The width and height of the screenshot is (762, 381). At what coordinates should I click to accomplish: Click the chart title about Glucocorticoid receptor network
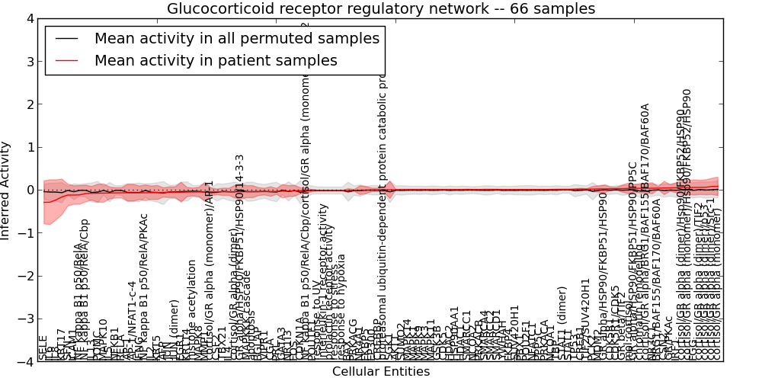point(381,9)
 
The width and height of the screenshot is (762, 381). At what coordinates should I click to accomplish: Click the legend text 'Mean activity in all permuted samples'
point(236,38)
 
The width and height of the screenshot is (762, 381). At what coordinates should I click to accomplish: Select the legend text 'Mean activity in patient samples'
point(216,60)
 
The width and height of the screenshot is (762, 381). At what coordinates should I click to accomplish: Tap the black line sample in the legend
point(67,38)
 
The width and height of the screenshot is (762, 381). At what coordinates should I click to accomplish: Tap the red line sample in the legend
point(67,60)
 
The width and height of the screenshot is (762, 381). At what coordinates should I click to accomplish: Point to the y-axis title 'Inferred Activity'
point(6,190)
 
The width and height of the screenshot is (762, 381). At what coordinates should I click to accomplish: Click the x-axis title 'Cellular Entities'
point(381,372)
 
